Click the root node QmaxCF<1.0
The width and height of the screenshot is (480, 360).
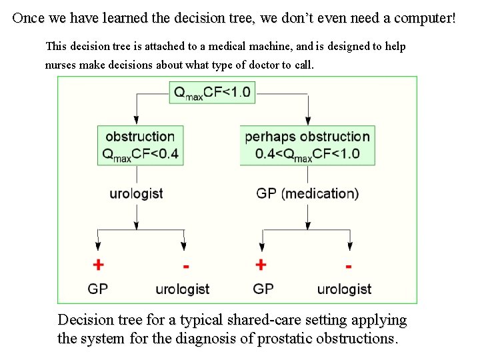tap(213, 93)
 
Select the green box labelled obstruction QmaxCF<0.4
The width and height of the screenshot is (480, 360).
tap(138, 145)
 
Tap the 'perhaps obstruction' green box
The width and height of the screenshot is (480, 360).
tap(307, 145)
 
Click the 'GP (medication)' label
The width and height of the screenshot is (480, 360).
tap(307, 194)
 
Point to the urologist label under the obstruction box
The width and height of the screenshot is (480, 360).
tap(137, 194)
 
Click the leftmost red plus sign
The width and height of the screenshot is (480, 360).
tap(98, 265)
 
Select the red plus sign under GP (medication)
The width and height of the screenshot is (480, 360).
tap(261, 265)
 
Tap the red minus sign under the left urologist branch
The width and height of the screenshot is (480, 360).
tap(185, 266)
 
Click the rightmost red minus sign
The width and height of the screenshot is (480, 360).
tap(348, 266)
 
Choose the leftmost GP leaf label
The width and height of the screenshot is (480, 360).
tap(98, 289)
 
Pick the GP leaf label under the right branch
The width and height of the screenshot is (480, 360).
tap(263, 289)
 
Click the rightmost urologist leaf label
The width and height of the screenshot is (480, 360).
tap(344, 289)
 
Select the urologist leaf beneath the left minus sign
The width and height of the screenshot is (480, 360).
tap(182, 289)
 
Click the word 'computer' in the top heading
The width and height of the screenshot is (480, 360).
tap(422, 18)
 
